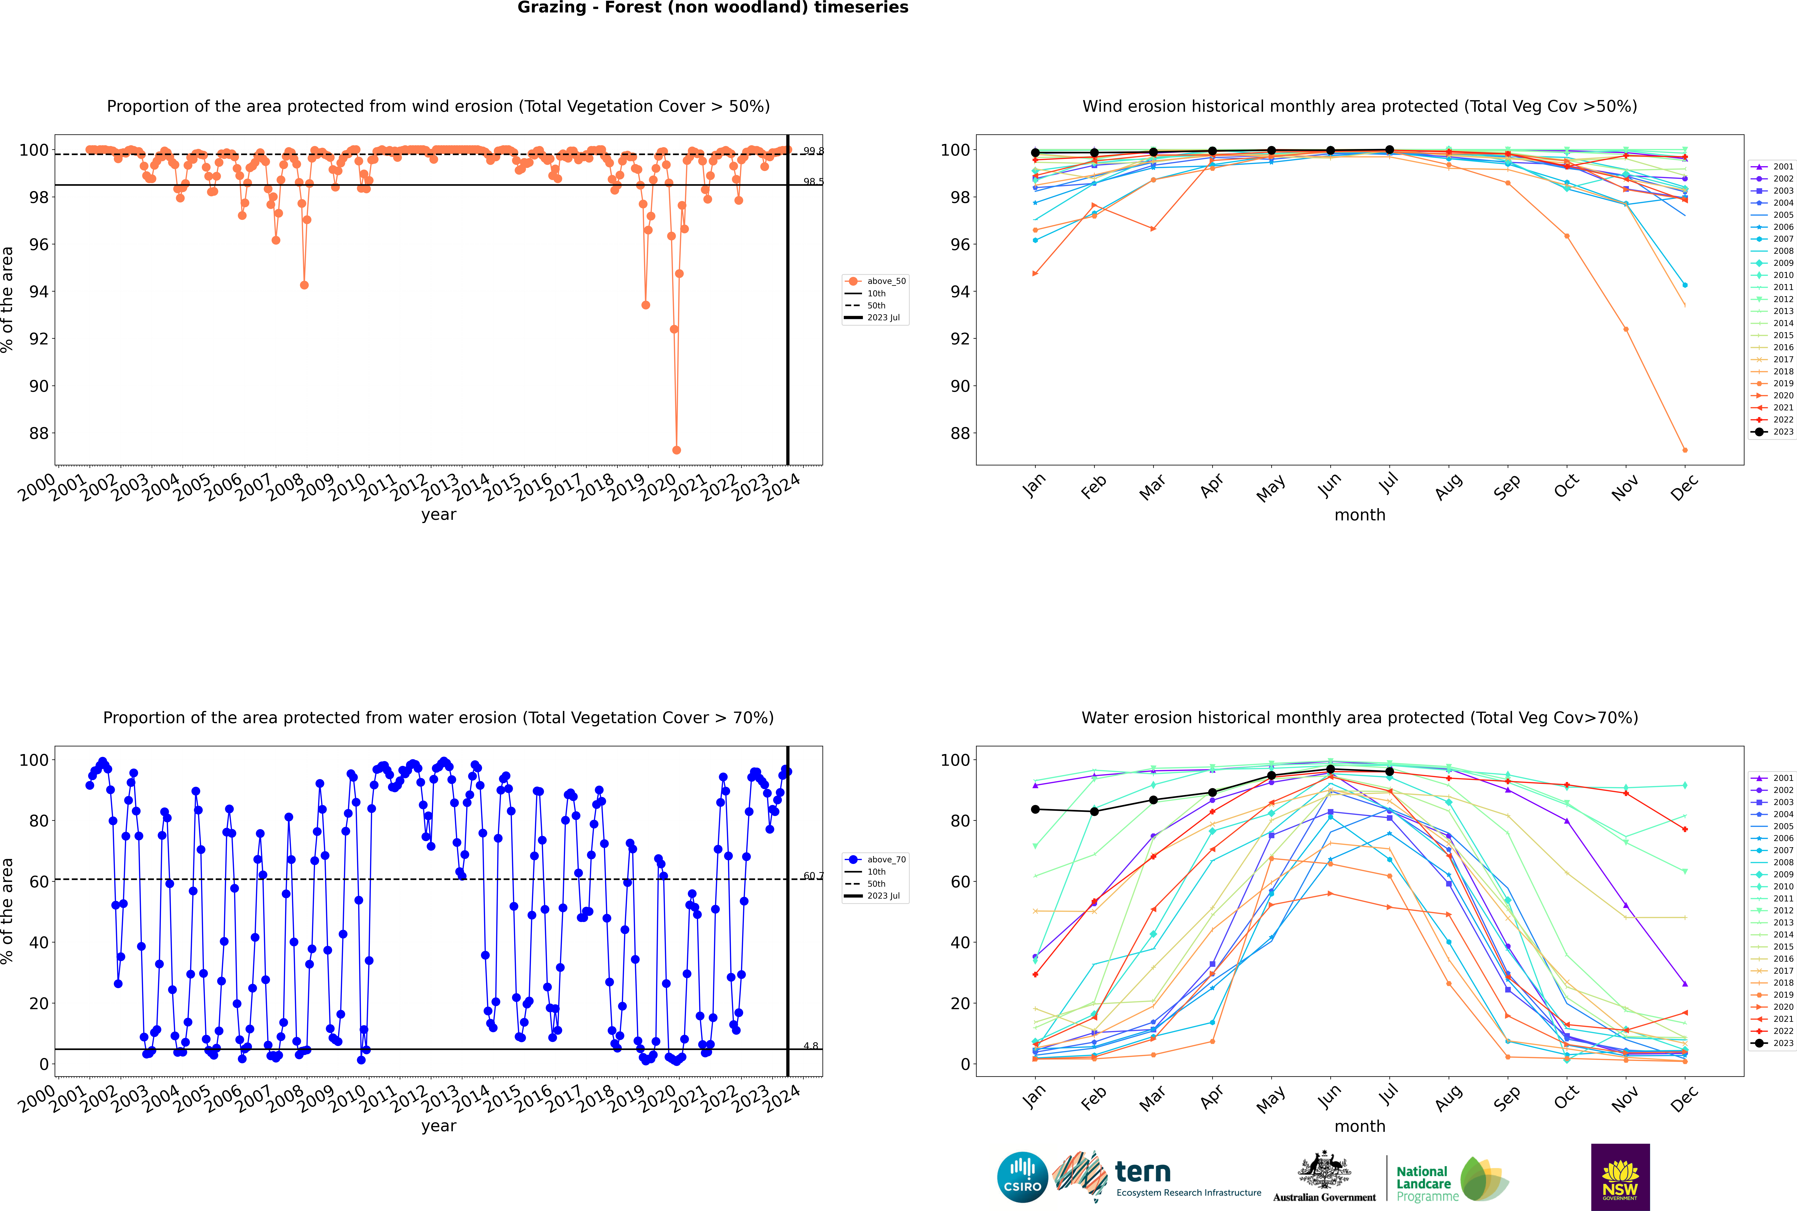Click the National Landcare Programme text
1426,1183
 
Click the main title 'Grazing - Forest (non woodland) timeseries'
712,8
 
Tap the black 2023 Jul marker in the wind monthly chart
1389,150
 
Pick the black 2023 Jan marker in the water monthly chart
1035,809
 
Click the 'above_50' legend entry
885,281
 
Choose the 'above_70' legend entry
885,860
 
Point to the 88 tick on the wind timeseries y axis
39,433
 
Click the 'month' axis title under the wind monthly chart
1360,515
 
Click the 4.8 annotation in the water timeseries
810,1046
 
